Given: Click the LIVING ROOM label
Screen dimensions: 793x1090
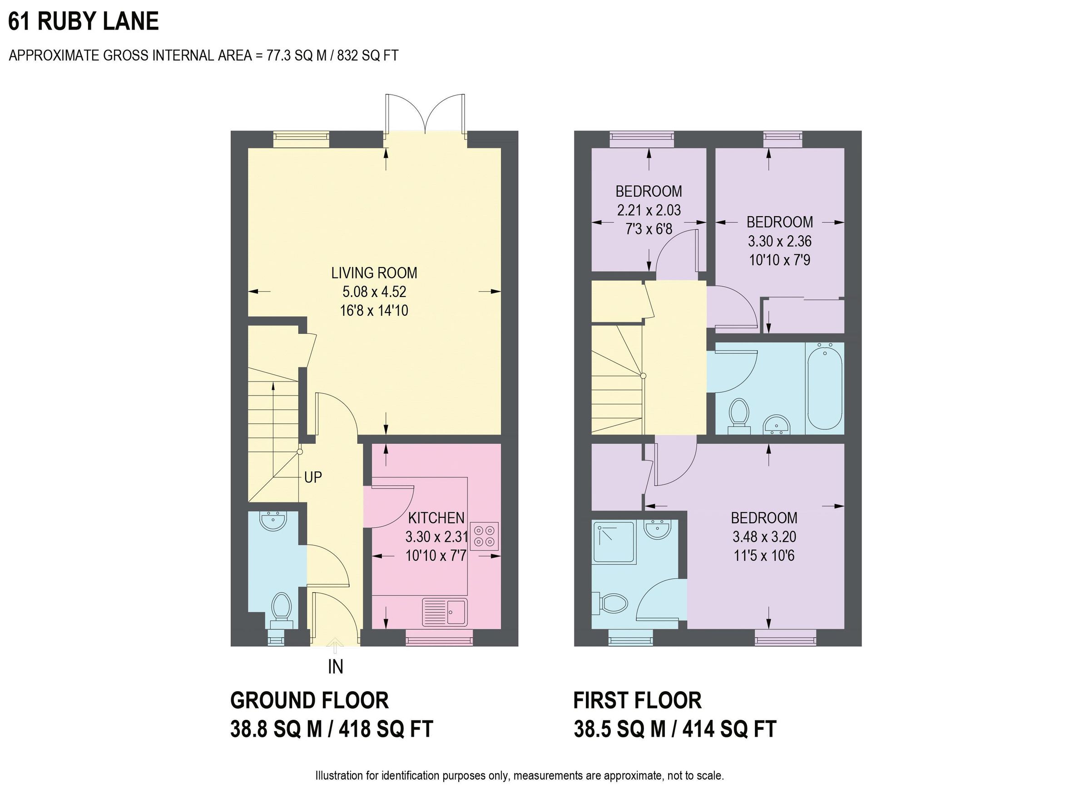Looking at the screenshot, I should click(374, 273).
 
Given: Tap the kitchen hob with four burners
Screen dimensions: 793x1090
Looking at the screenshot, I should click(484, 536).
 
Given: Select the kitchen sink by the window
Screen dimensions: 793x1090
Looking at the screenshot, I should click(445, 612).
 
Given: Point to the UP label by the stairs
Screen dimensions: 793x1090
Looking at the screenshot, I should click(313, 477).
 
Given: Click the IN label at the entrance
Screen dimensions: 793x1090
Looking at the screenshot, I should click(336, 667).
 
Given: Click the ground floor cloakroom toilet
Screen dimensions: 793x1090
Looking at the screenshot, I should click(281, 608).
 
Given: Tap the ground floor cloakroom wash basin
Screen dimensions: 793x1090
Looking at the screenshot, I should click(273, 521).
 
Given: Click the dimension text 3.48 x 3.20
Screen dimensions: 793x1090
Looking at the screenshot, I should click(763, 537).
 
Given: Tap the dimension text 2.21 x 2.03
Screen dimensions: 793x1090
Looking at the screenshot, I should click(649, 210).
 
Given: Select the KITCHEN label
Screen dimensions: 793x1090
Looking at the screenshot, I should click(436, 518).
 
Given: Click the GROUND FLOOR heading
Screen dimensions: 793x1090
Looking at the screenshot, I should click(309, 701).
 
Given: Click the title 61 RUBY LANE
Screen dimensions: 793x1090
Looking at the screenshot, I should click(84, 22).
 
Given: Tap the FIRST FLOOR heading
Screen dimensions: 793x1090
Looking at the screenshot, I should click(637, 701).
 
